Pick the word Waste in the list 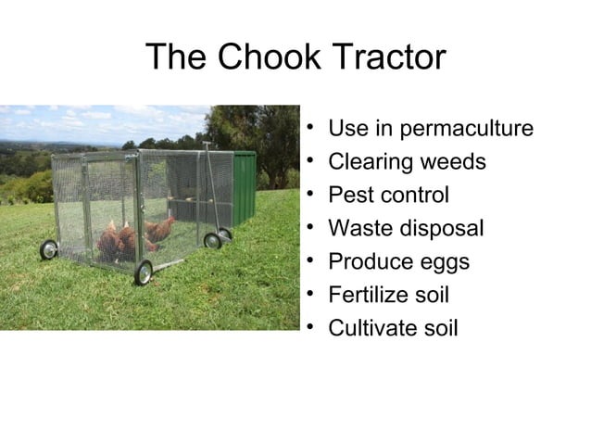coord(357,229)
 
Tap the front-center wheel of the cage coord(144,272)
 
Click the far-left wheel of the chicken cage coord(48,249)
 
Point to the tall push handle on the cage coord(213,185)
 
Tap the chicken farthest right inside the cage coord(160,229)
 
